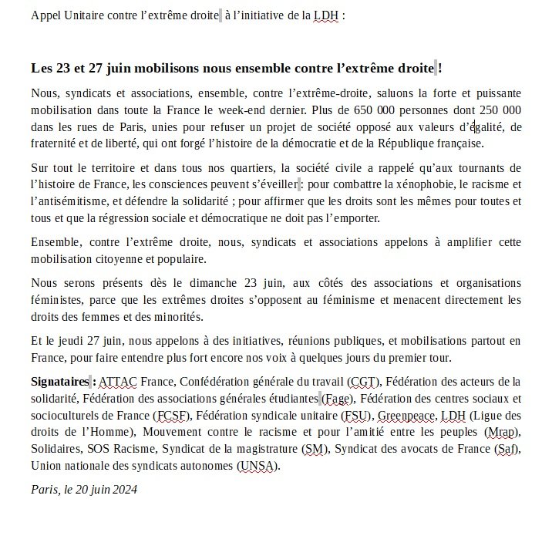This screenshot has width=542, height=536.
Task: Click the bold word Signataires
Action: click(60, 381)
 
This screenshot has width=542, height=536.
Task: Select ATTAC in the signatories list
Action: click(120, 381)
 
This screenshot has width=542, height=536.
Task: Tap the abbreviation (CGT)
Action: click(363, 381)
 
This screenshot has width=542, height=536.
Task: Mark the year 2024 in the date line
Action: click(124, 489)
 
